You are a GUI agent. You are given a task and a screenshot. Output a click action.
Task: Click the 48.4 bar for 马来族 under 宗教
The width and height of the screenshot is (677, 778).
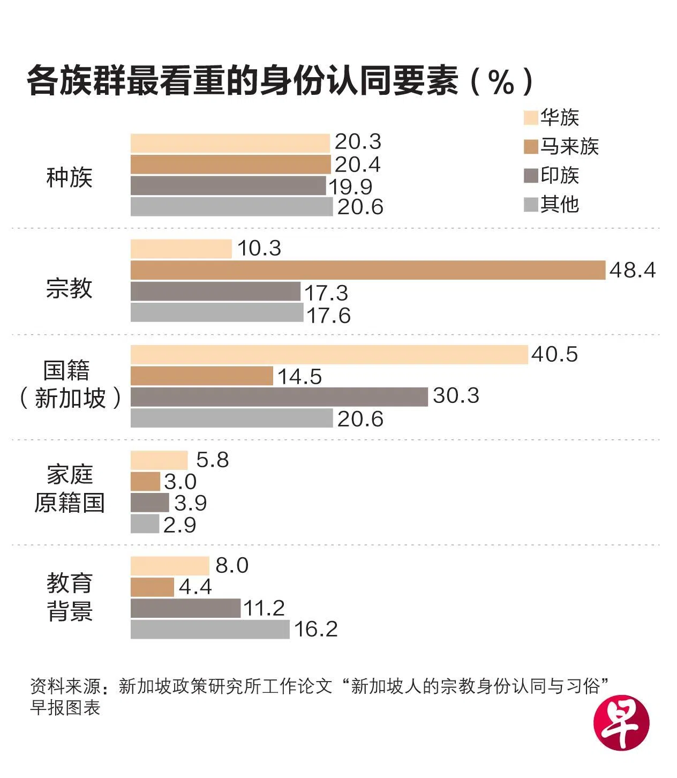click(x=367, y=270)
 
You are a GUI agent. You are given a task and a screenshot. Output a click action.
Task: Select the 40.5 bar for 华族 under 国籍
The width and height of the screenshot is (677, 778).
click(x=329, y=355)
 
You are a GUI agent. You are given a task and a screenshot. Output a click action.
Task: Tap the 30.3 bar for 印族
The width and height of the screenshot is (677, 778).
click(x=279, y=397)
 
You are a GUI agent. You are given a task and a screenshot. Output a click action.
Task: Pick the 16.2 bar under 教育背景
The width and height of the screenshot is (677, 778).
click(x=210, y=629)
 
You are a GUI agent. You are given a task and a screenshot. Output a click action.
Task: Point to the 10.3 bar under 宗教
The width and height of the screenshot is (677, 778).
click(x=181, y=249)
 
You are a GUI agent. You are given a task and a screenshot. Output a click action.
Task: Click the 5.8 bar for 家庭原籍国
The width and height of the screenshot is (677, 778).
click(x=159, y=460)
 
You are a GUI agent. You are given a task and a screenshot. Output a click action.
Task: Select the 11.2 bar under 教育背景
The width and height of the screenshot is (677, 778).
click(x=185, y=608)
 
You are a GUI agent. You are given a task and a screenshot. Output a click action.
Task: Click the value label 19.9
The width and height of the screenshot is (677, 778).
click(x=350, y=186)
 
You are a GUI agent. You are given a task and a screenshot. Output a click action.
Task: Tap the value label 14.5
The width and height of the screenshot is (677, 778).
click(x=299, y=377)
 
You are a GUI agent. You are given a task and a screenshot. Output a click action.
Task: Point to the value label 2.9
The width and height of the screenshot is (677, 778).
click(x=180, y=525)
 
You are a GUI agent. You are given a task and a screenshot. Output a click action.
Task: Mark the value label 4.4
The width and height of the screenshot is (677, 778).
click(x=195, y=587)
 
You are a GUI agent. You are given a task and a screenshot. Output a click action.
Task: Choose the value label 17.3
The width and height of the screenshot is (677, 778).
click(x=326, y=293)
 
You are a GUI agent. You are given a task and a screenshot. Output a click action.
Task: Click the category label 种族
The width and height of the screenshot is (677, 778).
click(x=69, y=177)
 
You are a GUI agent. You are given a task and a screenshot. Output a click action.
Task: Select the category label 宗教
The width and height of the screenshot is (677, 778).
click(x=69, y=288)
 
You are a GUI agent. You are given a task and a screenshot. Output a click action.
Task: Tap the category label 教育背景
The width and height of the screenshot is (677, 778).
click(x=70, y=597)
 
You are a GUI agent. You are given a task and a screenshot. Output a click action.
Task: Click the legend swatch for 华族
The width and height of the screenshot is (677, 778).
click(x=530, y=118)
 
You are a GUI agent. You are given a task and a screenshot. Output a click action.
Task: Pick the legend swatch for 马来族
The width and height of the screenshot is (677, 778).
click(x=530, y=147)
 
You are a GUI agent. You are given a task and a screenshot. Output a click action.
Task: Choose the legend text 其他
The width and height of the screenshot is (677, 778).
click(x=560, y=204)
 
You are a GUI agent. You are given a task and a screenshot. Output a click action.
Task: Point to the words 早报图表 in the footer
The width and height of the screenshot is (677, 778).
click(x=65, y=708)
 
